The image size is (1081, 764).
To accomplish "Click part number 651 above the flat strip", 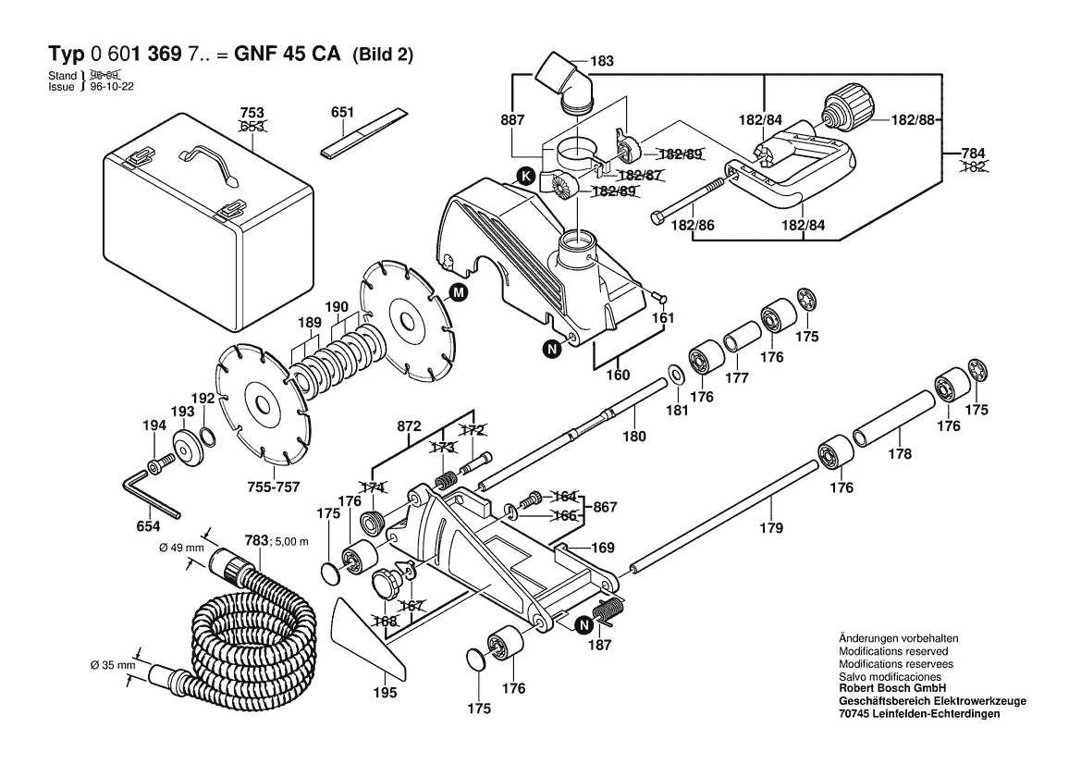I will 342,112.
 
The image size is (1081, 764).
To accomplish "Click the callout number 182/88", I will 914,120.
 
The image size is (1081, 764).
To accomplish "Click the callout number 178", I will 900,454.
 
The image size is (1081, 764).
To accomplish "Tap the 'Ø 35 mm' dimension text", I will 113,665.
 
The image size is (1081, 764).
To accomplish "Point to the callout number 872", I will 408,426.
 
